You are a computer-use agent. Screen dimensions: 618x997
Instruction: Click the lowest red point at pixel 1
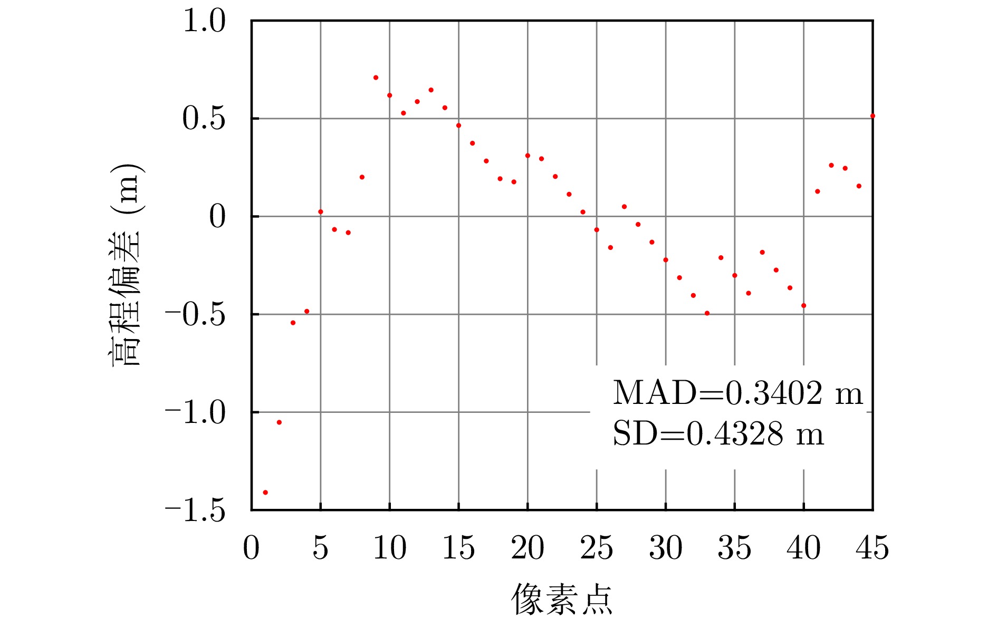(x=265, y=493)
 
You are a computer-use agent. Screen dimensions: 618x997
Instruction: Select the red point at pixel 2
(x=279, y=422)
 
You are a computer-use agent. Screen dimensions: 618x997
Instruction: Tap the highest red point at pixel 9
(x=376, y=78)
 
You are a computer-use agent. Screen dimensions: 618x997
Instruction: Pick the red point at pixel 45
(x=873, y=116)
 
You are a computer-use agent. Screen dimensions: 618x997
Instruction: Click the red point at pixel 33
(x=707, y=313)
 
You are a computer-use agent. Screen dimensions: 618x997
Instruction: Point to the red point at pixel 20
(x=528, y=156)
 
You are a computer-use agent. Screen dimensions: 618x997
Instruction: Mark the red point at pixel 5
(x=321, y=212)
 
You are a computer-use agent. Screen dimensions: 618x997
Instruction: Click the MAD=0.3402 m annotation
(x=737, y=393)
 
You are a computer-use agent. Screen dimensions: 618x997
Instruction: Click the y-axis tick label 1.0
(x=204, y=22)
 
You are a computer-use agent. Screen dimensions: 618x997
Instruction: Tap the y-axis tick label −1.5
(x=195, y=510)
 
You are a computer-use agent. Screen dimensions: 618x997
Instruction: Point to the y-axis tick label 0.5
(x=204, y=119)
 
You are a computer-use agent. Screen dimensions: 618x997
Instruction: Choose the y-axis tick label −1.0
(x=195, y=412)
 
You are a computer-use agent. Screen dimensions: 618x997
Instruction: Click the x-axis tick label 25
(x=597, y=548)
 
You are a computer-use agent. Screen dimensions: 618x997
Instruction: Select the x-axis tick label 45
(x=873, y=548)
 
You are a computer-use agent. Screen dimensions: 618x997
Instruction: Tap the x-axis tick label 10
(x=390, y=548)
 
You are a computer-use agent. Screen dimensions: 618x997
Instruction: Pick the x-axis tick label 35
(x=734, y=548)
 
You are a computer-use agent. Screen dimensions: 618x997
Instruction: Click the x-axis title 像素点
(x=562, y=599)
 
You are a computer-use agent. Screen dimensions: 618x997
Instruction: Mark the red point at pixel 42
(x=831, y=166)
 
